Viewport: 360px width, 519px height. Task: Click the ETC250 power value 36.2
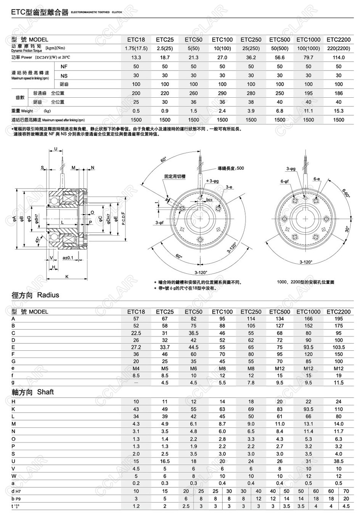click(251, 57)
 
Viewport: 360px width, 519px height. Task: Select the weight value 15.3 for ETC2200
click(339, 111)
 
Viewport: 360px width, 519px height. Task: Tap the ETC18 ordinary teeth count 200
click(136, 93)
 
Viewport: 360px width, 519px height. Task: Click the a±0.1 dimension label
click(68, 258)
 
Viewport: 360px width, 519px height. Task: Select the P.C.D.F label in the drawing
click(124, 218)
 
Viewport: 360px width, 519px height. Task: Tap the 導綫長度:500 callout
click(231, 168)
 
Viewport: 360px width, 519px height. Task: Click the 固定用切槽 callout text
click(175, 176)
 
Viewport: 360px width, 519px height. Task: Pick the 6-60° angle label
click(346, 193)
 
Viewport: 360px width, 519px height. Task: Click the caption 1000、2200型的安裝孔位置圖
click(305, 282)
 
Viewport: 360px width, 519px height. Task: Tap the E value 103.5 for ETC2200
click(339, 347)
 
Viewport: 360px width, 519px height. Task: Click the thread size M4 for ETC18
click(136, 368)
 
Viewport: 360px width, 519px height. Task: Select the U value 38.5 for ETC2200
click(339, 461)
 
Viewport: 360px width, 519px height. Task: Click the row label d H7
click(16, 491)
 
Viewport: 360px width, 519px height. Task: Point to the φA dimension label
click(14, 218)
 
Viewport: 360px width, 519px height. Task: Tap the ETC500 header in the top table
click(280, 40)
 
